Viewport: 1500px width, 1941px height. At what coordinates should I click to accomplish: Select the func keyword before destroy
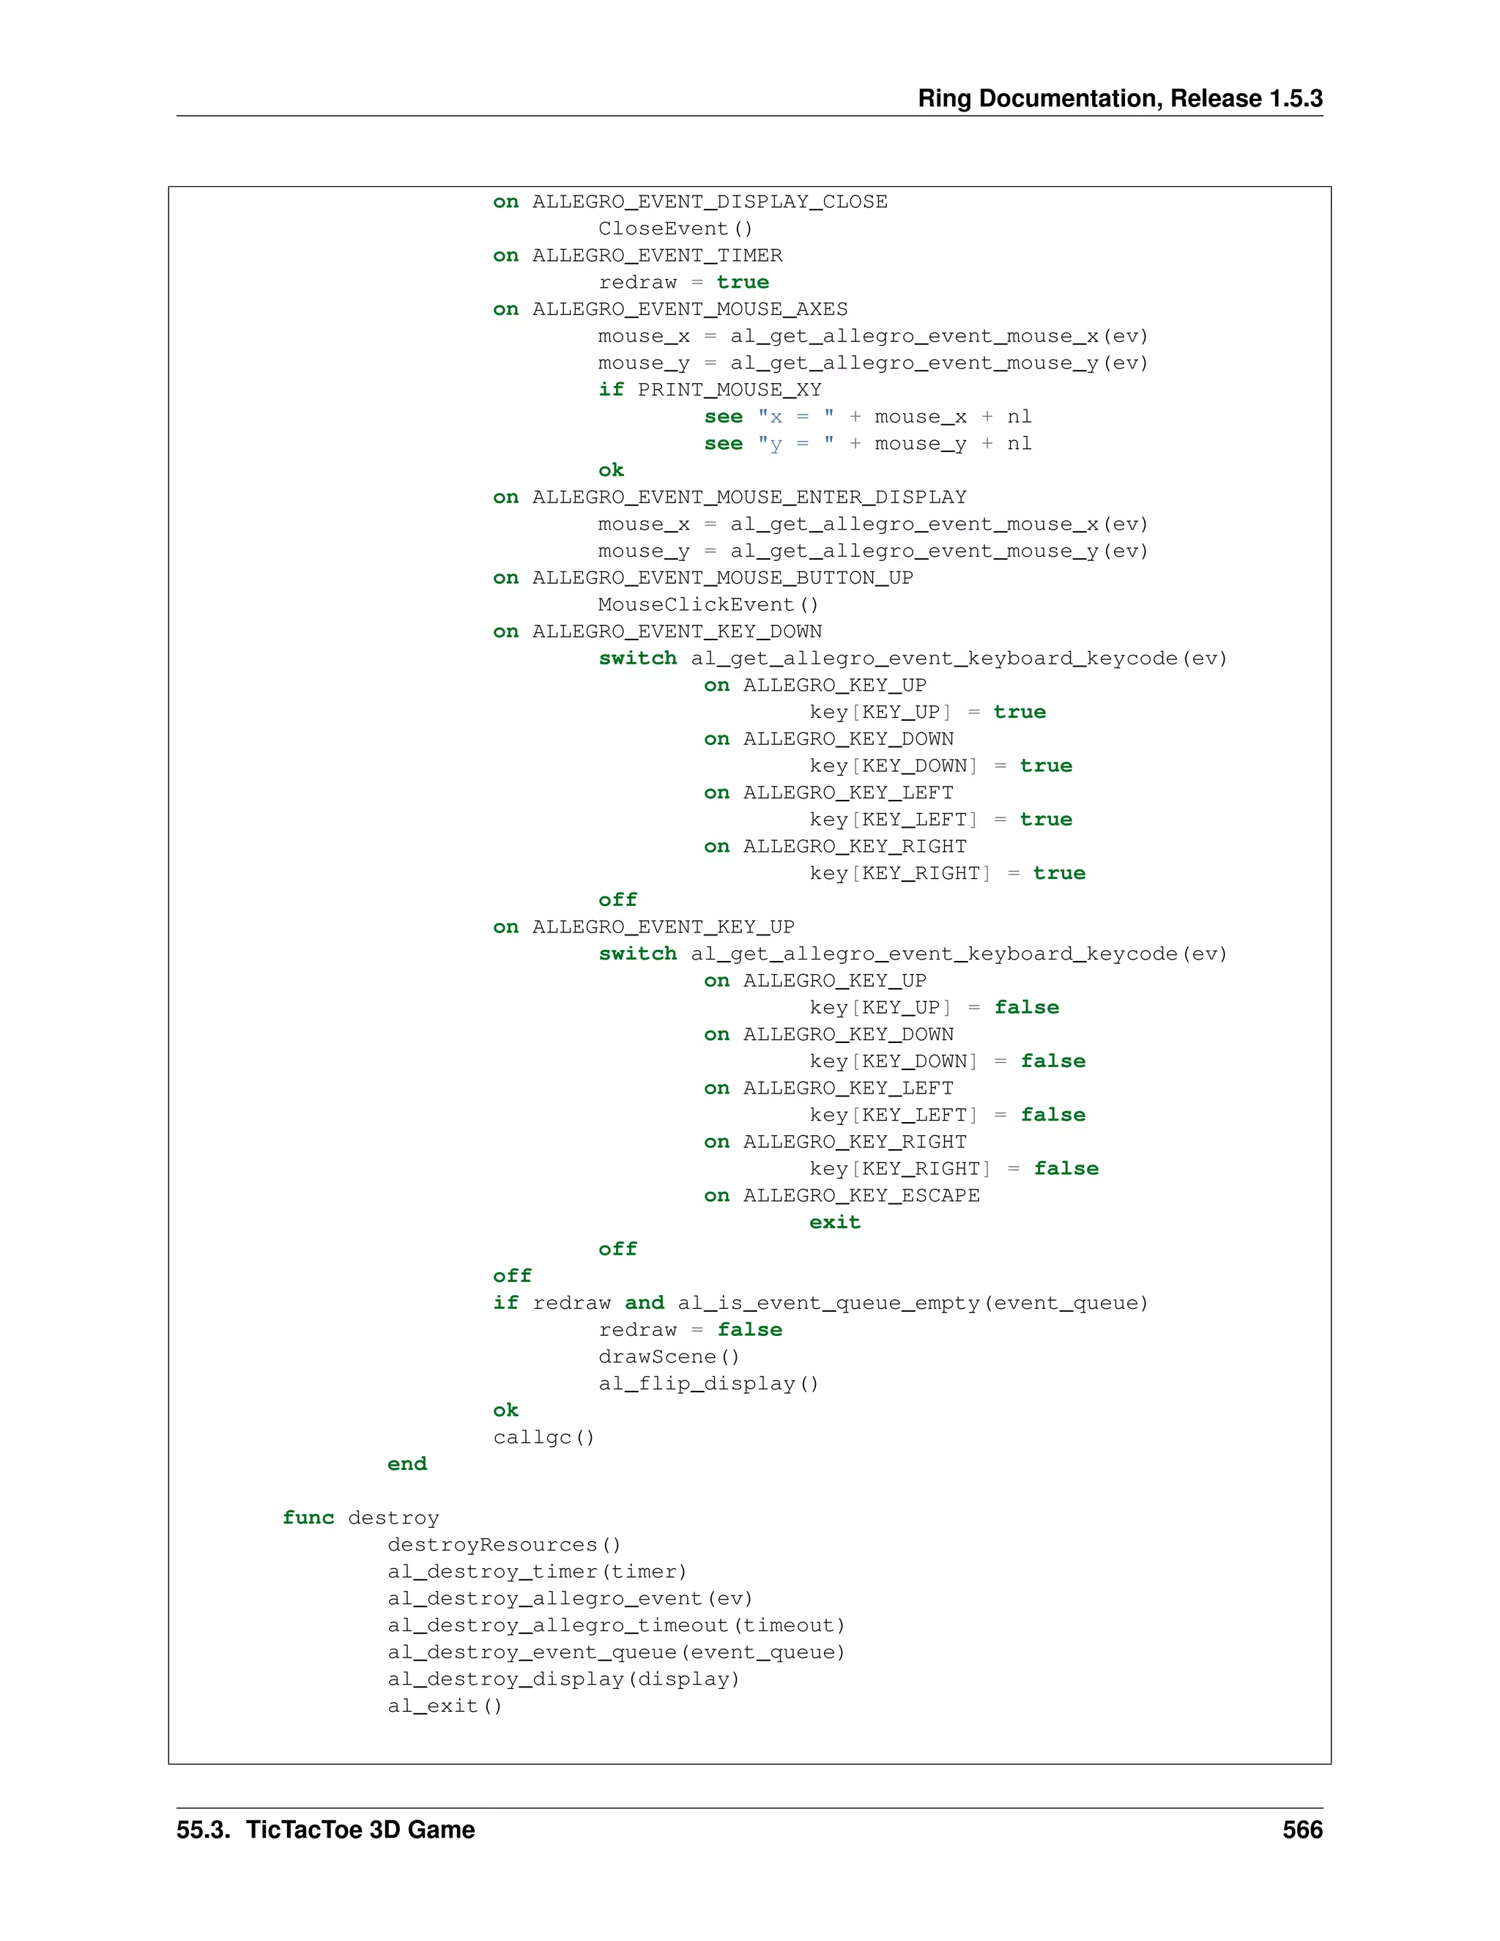coord(308,1517)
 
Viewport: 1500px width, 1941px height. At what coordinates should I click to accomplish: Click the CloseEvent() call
coord(675,229)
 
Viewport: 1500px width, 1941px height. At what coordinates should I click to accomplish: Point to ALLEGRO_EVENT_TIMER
coord(658,255)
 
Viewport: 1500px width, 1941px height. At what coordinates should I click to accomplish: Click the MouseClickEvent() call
coord(708,604)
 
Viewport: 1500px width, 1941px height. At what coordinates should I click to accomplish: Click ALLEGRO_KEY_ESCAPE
coord(861,1195)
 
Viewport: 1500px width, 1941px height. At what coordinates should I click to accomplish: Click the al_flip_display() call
coord(708,1383)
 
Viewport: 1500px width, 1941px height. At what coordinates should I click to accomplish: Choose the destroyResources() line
coord(504,1545)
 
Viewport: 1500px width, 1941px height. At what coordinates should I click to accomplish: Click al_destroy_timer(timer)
coord(537,1571)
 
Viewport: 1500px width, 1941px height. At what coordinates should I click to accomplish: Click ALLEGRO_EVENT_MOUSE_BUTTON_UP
coord(722,578)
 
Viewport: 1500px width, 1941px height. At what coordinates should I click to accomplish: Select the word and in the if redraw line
coord(645,1303)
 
